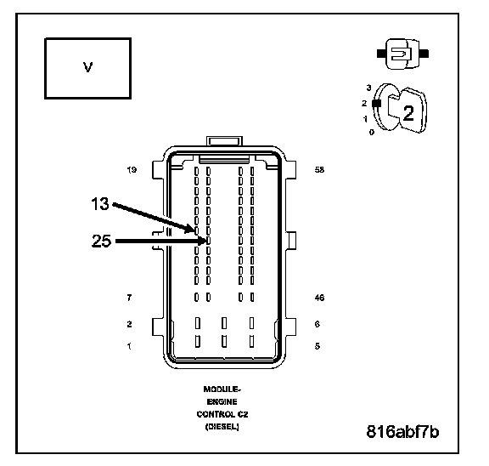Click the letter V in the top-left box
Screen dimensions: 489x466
88,67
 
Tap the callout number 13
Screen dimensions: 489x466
100,203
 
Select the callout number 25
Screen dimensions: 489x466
101,241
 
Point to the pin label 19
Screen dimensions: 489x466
132,170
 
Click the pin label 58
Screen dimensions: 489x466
320,169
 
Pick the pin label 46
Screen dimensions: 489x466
320,298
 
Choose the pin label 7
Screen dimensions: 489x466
129,298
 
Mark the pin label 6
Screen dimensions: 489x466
318,324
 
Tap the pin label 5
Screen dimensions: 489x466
318,346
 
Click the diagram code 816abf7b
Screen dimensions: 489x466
402,432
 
